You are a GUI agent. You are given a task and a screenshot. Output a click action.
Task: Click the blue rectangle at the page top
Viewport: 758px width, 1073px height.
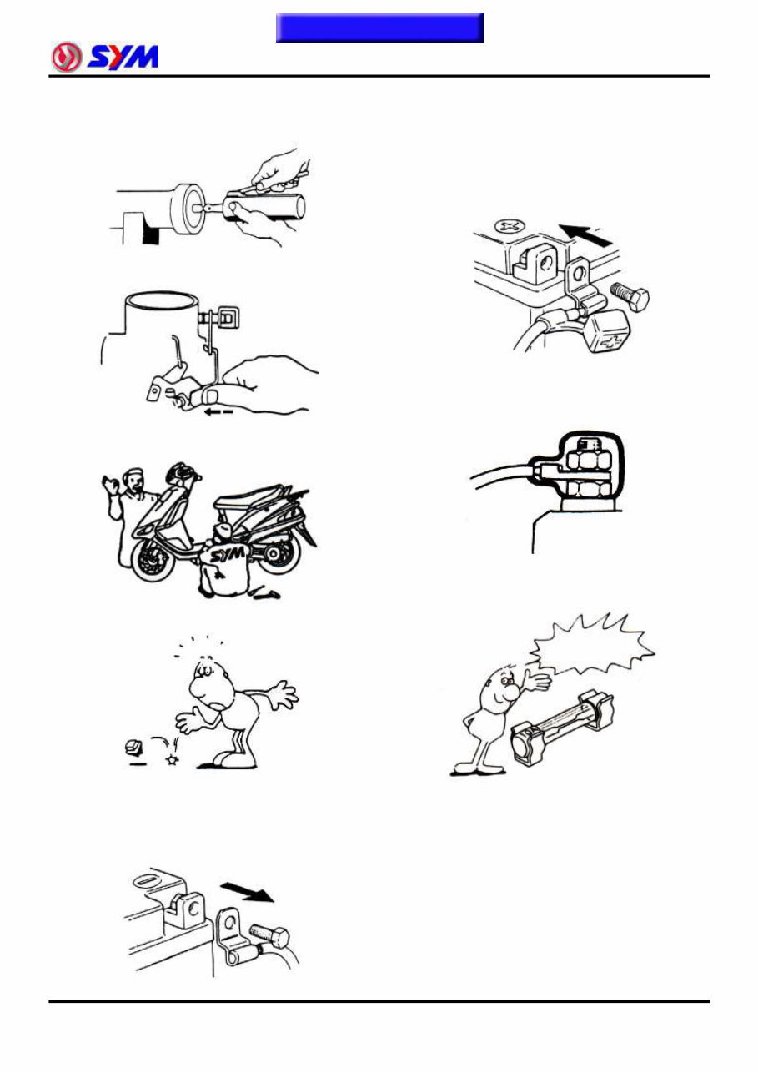point(379,28)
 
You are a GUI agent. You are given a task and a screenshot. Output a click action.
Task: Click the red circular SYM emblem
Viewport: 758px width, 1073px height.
point(67,57)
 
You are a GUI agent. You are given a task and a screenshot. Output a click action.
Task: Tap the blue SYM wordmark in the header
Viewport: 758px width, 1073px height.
point(123,58)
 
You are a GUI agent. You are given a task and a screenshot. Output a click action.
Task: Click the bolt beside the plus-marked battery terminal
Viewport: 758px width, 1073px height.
point(630,295)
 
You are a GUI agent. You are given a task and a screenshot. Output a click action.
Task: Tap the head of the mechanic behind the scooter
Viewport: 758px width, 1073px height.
point(132,481)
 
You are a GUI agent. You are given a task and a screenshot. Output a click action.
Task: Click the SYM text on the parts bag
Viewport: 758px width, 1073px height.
point(228,555)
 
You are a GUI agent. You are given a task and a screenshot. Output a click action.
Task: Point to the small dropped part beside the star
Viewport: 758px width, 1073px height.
point(133,747)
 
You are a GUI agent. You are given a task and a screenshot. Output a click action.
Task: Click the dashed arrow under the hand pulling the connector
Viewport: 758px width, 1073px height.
point(218,411)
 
